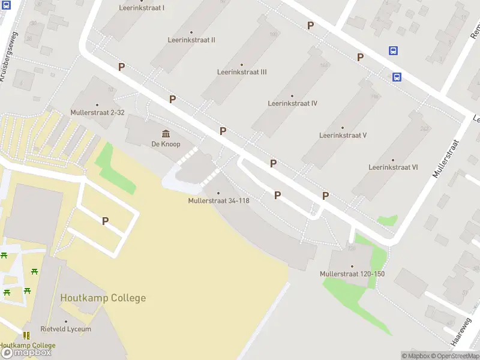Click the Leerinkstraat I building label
click(142, 8)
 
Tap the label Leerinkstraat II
click(192, 40)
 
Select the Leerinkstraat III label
click(242, 72)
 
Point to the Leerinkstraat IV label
click(292, 103)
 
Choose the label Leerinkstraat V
click(343, 135)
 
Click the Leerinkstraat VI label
click(393, 167)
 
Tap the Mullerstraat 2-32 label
click(97, 112)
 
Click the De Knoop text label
click(166, 144)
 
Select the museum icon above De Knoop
click(166, 133)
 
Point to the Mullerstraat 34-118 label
click(218, 200)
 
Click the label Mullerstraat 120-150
click(352, 274)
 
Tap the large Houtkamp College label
click(103, 298)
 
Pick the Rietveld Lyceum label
click(66, 329)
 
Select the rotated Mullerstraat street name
click(445, 159)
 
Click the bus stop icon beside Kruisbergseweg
click(6, 4)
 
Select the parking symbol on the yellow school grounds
click(105, 221)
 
